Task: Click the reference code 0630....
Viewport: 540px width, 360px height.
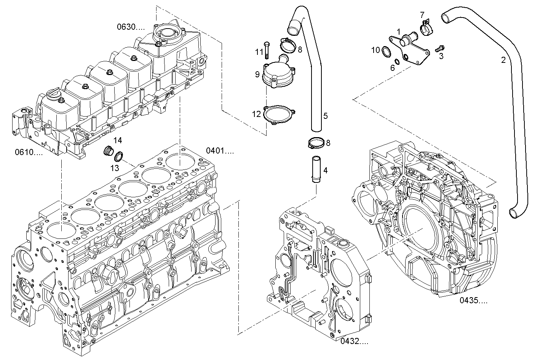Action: (x=131, y=27)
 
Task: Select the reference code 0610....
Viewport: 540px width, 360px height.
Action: (x=29, y=152)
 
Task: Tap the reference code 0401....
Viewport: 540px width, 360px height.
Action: (x=220, y=150)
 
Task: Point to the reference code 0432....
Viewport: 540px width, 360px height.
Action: (x=355, y=341)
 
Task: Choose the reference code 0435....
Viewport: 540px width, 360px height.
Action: (x=473, y=301)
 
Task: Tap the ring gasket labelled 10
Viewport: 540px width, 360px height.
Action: (x=385, y=51)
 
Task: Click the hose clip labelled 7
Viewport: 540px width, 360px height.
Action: (x=426, y=26)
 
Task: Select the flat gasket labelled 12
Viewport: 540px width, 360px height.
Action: (x=278, y=114)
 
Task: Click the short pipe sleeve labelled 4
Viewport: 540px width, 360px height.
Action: (x=316, y=169)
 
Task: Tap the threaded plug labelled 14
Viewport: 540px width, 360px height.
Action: (x=109, y=150)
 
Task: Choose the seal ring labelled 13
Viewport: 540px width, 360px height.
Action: (x=119, y=156)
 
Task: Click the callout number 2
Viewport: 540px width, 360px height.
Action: (x=503, y=60)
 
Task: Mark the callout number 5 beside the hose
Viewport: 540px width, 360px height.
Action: (x=326, y=116)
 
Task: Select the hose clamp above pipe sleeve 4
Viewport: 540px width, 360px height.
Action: (x=316, y=144)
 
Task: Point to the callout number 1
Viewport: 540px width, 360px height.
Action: (x=398, y=32)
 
